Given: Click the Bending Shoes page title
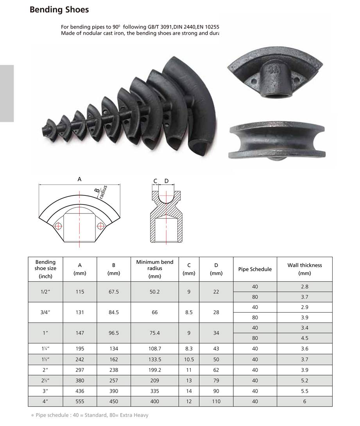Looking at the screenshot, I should point(59,10).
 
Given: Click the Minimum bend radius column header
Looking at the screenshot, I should point(154,269).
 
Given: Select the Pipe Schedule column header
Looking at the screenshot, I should point(255,269).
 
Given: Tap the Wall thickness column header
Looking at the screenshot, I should point(304,269).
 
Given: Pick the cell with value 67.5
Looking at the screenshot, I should point(113,292).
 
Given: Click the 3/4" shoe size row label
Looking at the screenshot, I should point(45,312).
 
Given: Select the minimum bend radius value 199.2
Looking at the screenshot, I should point(154,370).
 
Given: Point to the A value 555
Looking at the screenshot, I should point(80,401).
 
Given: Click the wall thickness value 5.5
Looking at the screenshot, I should point(304,391).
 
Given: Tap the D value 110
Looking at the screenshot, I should point(216,401).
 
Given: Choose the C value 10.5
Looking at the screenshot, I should point(189,359).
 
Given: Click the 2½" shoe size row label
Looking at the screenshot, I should point(45,380).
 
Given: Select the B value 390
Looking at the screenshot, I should point(113,391).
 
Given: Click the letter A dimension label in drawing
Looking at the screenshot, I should point(79,179).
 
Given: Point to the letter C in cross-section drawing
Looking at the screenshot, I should point(155,181).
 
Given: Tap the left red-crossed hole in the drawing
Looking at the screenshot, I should point(59,226).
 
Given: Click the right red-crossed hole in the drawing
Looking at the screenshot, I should point(100,226).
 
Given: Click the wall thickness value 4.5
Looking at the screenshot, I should point(304,338).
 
